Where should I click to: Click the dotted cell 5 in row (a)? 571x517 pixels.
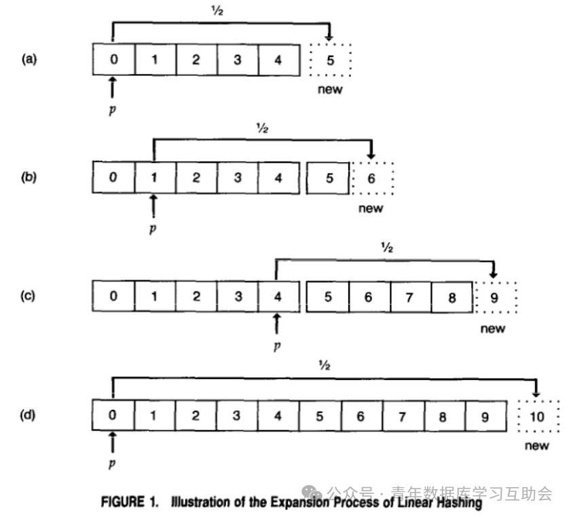(331, 60)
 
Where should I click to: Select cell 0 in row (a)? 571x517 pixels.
(113, 60)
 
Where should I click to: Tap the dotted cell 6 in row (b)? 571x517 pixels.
(371, 178)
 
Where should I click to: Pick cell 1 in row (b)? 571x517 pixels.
(154, 178)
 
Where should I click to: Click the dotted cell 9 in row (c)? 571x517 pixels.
(494, 296)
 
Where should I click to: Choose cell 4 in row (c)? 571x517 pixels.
(277, 296)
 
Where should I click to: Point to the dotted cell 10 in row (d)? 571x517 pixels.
(537, 416)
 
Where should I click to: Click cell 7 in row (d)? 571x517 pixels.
(401, 416)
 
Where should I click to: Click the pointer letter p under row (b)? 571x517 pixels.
(153, 229)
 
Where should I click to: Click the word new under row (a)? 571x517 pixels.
(331, 90)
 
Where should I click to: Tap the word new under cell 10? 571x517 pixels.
(537, 446)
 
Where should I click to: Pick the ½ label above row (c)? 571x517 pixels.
(387, 248)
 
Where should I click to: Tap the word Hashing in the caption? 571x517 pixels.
(458, 503)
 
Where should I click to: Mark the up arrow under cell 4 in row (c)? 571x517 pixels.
(276, 324)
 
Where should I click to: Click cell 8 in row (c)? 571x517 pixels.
(453, 296)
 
